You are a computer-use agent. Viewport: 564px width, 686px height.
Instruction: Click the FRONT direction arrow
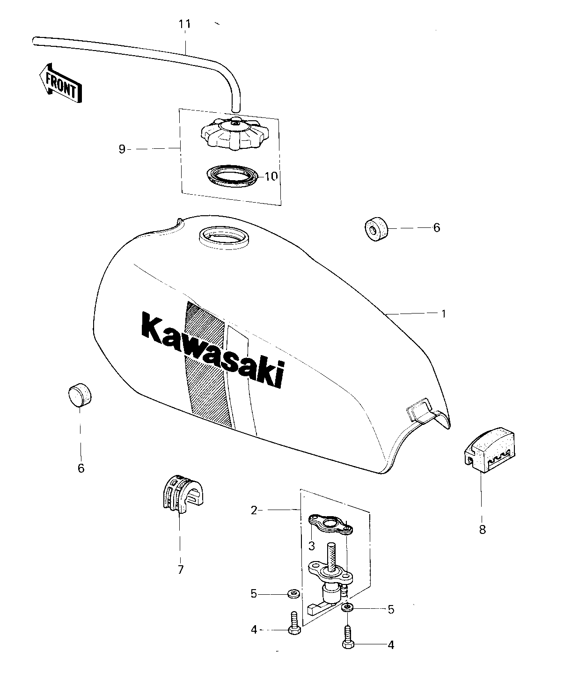coord(60,83)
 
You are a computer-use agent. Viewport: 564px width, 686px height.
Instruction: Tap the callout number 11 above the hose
coord(184,24)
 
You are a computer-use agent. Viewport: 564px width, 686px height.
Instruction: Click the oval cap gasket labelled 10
coord(232,176)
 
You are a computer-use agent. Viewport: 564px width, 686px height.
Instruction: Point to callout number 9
coord(122,149)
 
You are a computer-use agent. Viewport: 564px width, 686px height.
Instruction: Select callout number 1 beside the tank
coord(443,314)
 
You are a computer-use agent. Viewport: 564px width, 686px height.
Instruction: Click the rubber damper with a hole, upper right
coord(376,229)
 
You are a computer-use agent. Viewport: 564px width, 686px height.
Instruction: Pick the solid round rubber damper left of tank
coord(80,395)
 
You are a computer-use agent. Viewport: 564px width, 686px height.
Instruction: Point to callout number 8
coord(482,530)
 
